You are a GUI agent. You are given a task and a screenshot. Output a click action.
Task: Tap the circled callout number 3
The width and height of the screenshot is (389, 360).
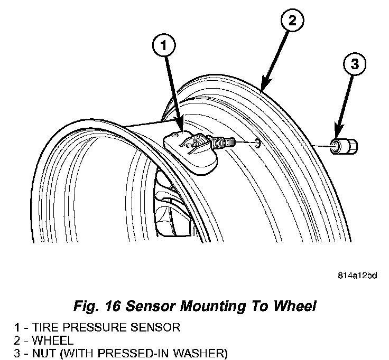tap(355, 64)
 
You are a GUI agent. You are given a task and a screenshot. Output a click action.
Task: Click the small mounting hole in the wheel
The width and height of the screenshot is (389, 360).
tap(256, 143)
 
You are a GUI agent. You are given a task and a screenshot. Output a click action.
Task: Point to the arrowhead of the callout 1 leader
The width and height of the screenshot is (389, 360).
tap(182, 126)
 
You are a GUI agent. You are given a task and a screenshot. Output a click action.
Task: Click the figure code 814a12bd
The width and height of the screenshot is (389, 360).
tap(358, 274)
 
